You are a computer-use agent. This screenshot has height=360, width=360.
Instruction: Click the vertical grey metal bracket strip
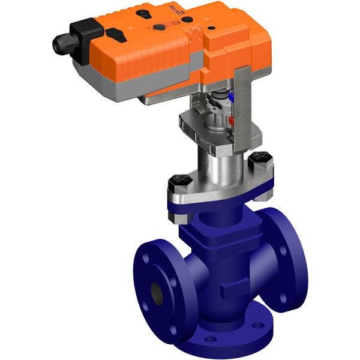coord(241,108)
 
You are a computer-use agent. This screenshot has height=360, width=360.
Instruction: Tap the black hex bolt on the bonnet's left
coord(179,179)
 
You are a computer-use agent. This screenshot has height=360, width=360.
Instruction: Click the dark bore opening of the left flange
coord(157,292)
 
